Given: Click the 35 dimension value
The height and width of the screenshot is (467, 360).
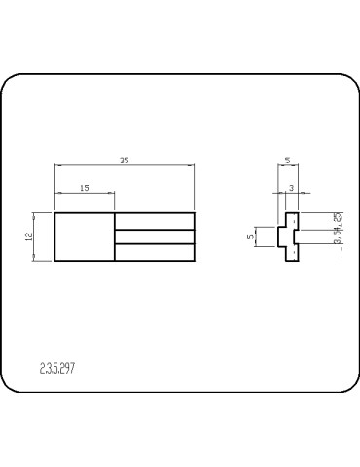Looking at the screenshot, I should coord(125,160).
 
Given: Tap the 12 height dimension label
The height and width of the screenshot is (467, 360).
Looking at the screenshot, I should coord(30,235).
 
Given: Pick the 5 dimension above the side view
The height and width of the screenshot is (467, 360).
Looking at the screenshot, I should coord(288,160).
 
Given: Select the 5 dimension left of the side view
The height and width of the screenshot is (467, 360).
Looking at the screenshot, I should coord(251,235).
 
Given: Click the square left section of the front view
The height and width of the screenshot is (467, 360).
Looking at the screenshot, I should coord(84,236).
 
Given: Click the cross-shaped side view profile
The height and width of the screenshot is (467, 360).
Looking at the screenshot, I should coord(289,236).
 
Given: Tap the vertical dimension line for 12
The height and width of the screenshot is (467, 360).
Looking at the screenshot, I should coord(37,236).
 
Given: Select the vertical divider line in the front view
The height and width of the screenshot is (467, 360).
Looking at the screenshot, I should coord(114,236).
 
